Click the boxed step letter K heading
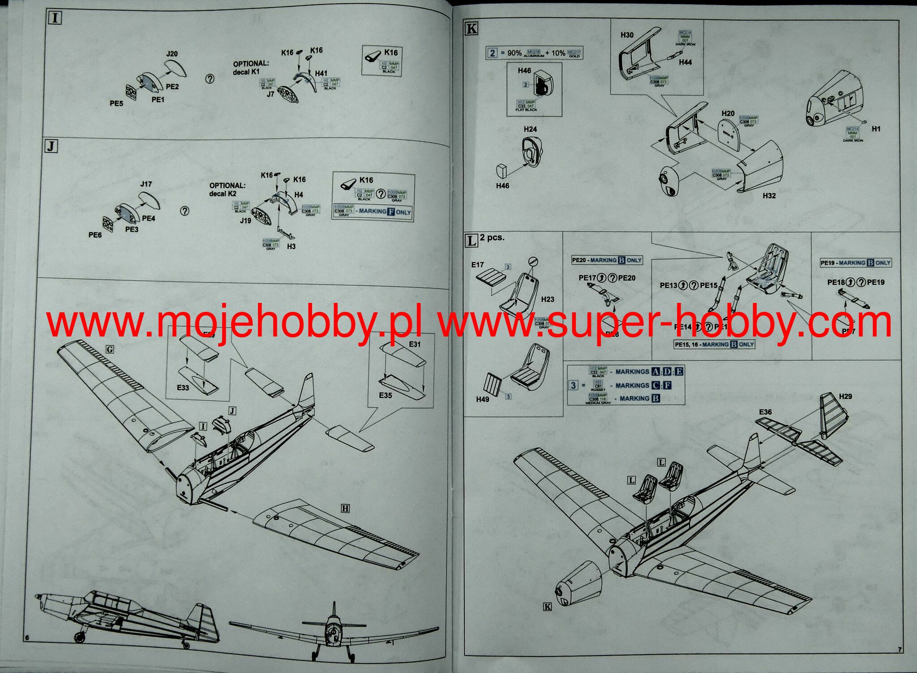click(471, 29)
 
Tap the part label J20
click(171, 54)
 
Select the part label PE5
click(116, 104)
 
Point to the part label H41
click(321, 73)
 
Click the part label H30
click(627, 35)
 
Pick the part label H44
click(685, 62)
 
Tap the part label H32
click(769, 196)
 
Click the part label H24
click(530, 129)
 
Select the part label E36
click(765, 412)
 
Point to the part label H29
click(845, 396)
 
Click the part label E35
click(385, 395)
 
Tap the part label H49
click(483, 399)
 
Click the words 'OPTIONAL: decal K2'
click(227, 190)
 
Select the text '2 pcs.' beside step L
click(492, 237)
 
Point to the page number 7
click(900, 649)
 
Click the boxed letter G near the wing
click(109, 349)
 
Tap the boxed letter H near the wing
click(345, 508)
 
